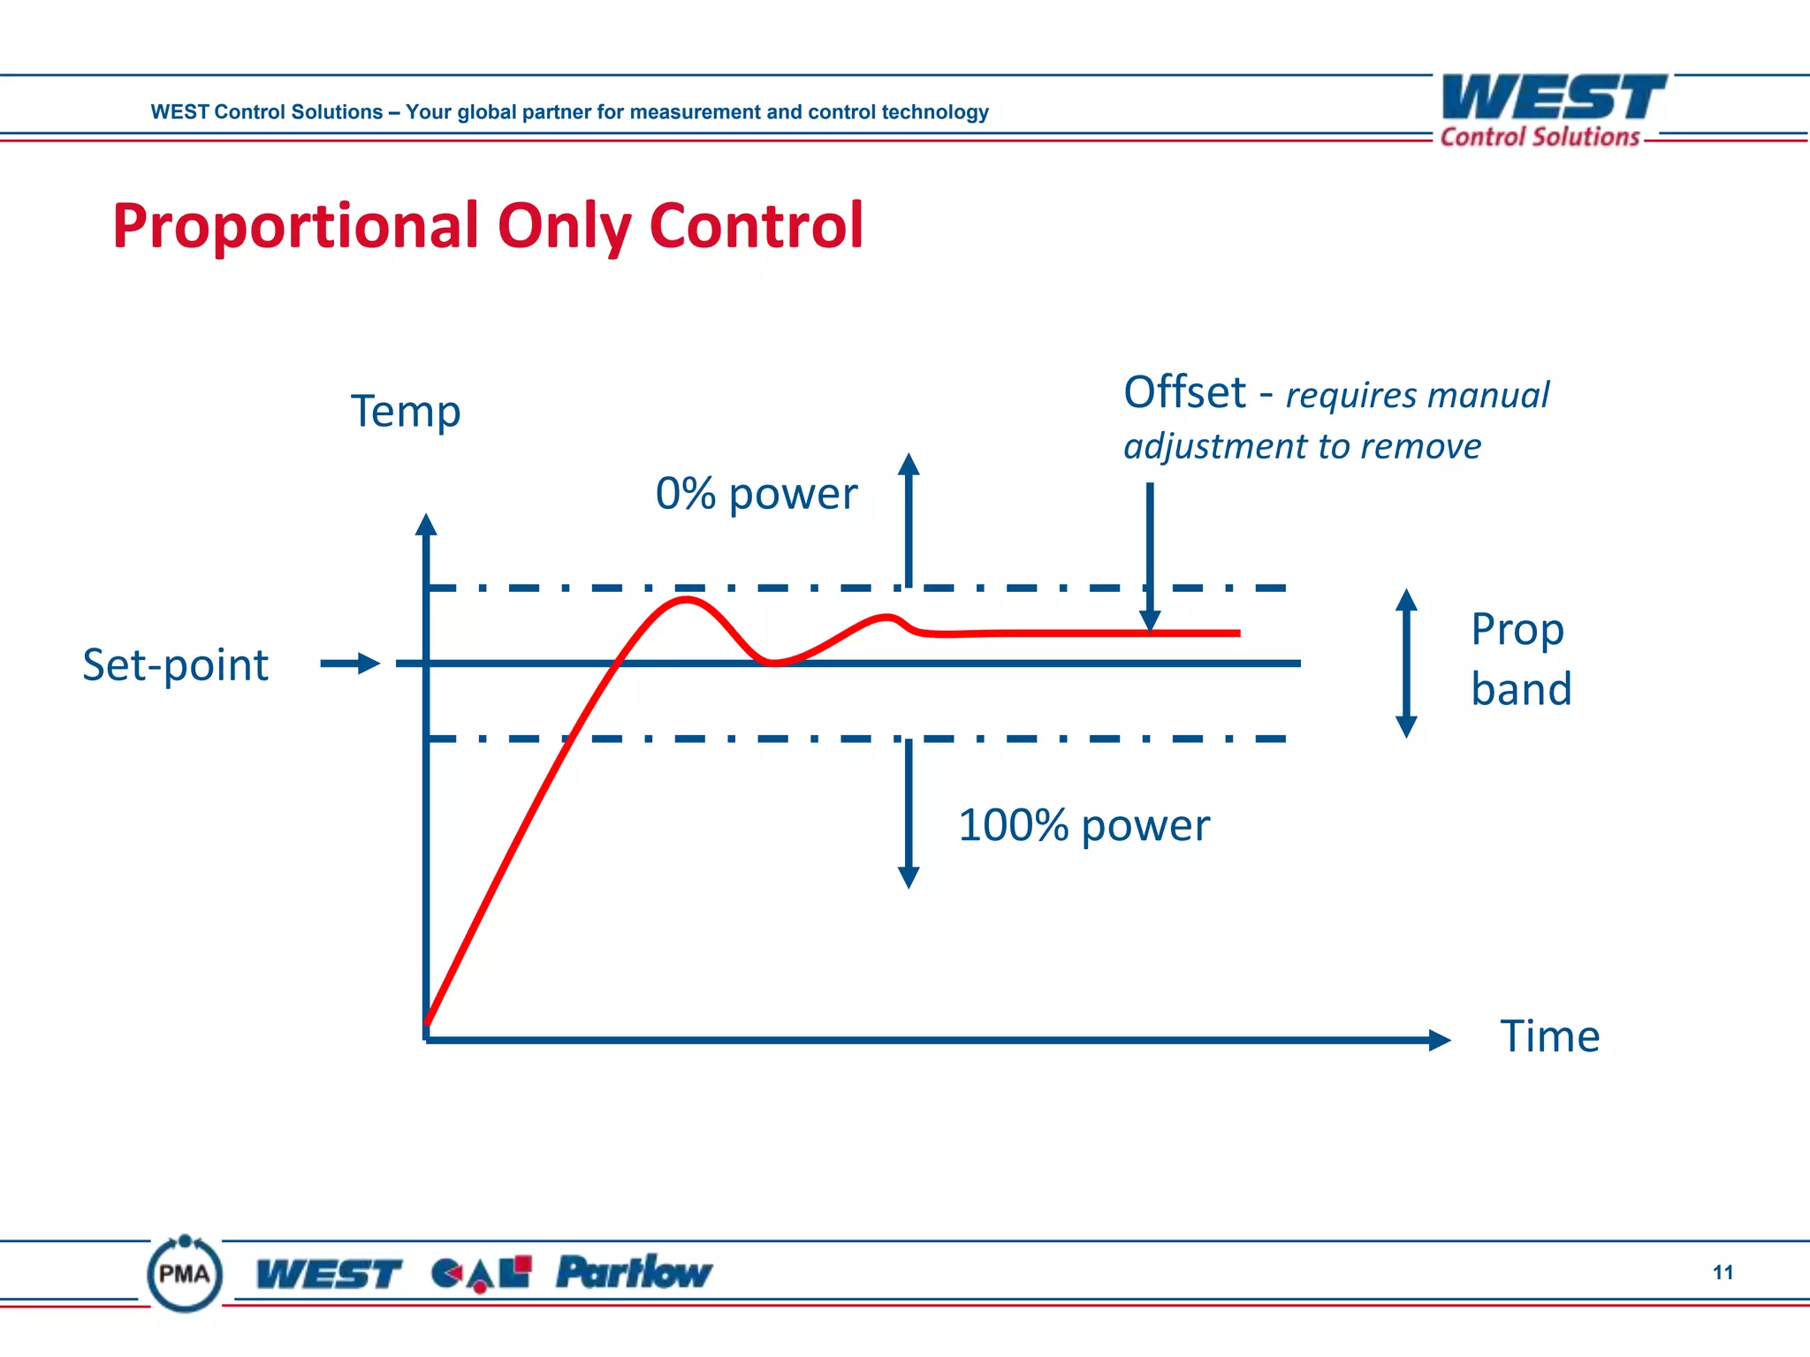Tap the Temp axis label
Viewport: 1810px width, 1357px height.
tap(406, 412)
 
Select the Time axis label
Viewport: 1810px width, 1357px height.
tap(1549, 1036)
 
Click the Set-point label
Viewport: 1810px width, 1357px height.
tap(175, 665)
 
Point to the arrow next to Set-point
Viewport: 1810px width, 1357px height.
tap(350, 663)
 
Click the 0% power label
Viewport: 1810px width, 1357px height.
tap(756, 494)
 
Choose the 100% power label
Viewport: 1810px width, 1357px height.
tap(1084, 826)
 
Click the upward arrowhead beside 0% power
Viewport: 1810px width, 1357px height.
tap(909, 465)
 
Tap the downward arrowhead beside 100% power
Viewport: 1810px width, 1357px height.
tap(909, 876)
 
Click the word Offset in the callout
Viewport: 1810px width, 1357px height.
tap(1184, 392)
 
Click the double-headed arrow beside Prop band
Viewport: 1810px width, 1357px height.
tap(1406, 663)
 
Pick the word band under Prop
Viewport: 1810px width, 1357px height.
tap(1521, 689)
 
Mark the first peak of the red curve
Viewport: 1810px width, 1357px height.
tap(687, 600)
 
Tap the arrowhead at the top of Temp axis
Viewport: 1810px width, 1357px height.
tap(426, 525)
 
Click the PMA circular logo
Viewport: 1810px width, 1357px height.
tap(185, 1274)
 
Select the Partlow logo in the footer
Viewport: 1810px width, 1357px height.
tap(634, 1273)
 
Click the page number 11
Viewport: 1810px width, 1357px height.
tap(1723, 1273)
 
